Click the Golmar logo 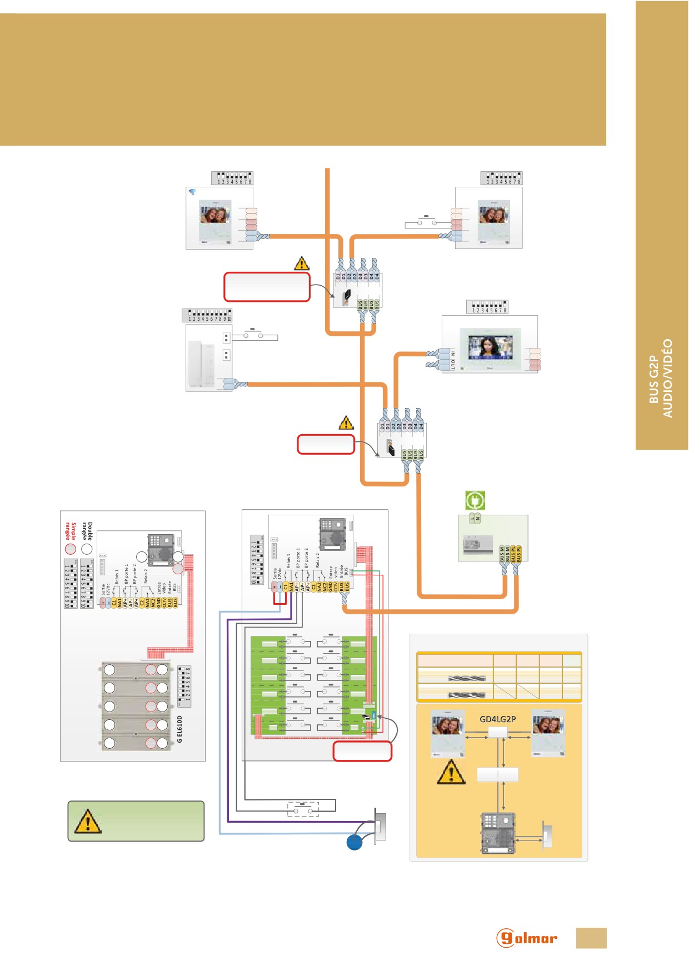pos(526,938)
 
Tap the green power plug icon pos(475,500)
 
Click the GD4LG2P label pos(497,719)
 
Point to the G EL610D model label pos(179,729)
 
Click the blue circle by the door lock pos(355,842)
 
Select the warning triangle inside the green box pos(88,821)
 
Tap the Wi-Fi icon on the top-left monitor pos(192,192)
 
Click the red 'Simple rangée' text pos(71,531)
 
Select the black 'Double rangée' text pos(87,531)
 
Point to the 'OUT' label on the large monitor pos(453,365)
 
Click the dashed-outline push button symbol pos(303,808)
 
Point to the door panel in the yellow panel pos(498,833)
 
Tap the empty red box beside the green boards pos(362,751)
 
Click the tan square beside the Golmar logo pos(591,938)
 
